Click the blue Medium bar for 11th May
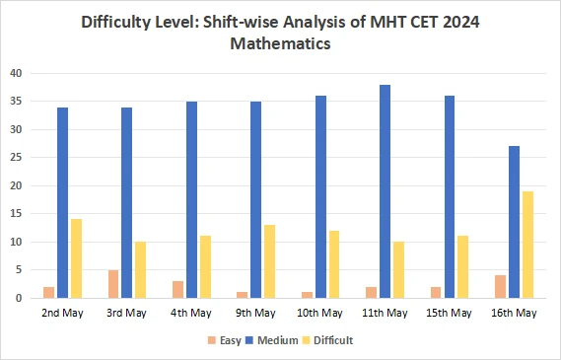click(385, 191)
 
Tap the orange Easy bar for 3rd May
click(112, 284)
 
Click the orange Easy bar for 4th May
click(177, 289)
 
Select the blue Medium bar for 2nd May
click(62, 202)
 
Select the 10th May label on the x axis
click(320, 313)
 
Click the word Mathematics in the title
click(280, 43)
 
